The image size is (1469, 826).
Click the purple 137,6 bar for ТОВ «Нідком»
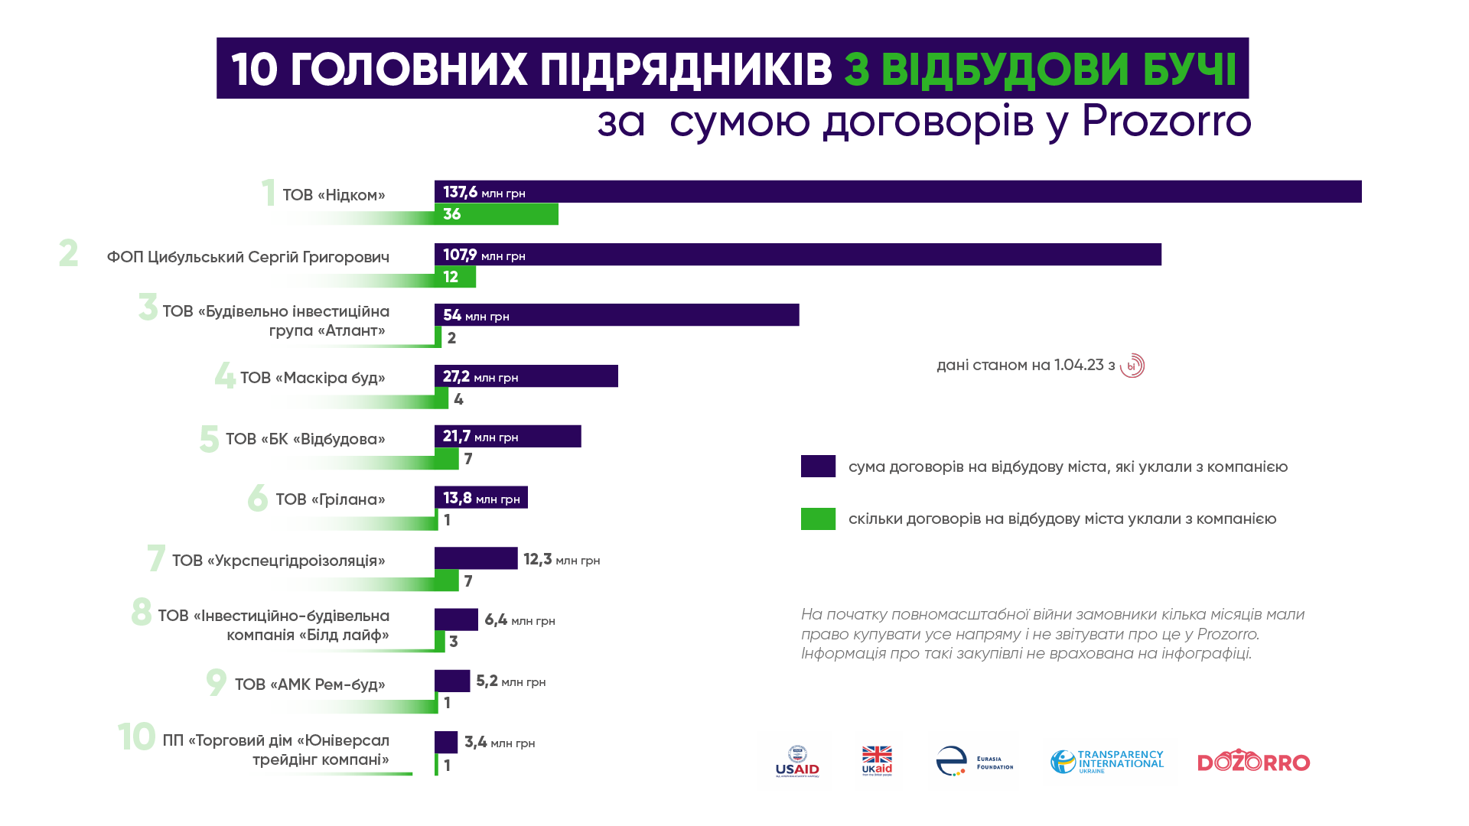(897, 192)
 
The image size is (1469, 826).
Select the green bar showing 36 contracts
(496, 214)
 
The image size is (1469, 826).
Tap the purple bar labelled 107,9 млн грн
(797, 255)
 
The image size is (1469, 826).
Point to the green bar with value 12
(455, 277)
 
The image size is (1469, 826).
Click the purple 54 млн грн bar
(617, 315)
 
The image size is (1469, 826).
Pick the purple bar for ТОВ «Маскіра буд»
(526, 376)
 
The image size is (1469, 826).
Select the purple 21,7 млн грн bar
(507, 437)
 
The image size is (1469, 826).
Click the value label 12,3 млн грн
(561, 560)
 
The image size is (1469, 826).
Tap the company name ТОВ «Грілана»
(330, 499)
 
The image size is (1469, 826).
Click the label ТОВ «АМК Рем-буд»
(309, 685)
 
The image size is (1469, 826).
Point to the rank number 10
(136, 737)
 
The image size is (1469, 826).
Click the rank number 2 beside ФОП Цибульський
(68, 254)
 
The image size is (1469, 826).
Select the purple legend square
(818, 467)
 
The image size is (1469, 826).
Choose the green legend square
(818, 519)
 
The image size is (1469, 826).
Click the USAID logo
(797, 762)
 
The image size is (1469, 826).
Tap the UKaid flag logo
(877, 761)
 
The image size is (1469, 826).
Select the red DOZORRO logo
(1253, 762)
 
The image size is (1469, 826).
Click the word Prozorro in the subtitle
(1166, 121)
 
